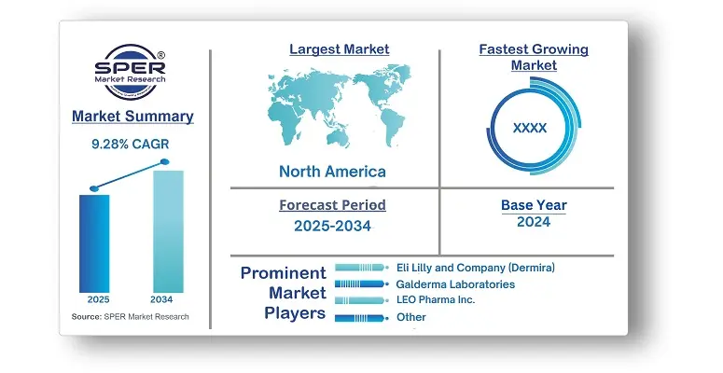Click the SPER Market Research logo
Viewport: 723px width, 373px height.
pos(130,72)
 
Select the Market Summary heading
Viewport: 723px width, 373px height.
pos(132,117)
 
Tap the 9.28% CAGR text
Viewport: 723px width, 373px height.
pos(131,145)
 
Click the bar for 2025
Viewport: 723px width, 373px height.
pos(94,243)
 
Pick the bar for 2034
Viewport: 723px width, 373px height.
pos(168,231)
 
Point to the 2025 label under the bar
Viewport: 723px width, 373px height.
pos(99,299)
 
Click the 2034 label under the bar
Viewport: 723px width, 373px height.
pos(161,299)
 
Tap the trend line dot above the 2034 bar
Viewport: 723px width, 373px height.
pos(164,162)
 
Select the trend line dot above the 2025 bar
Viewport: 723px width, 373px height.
pos(94,188)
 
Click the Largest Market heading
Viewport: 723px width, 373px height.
pos(340,49)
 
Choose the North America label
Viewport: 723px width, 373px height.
pos(332,172)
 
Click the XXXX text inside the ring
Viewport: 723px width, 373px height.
pos(530,128)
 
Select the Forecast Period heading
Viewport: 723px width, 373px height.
pos(332,205)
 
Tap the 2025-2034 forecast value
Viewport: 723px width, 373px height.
pos(332,226)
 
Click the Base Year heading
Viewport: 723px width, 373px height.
pos(534,205)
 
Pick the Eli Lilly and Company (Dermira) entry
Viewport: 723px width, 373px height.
pos(476,268)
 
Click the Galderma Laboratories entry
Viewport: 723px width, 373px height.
pos(455,284)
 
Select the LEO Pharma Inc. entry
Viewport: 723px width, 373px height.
pos(436,299)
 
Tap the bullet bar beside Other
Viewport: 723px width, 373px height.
pos(360,318)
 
